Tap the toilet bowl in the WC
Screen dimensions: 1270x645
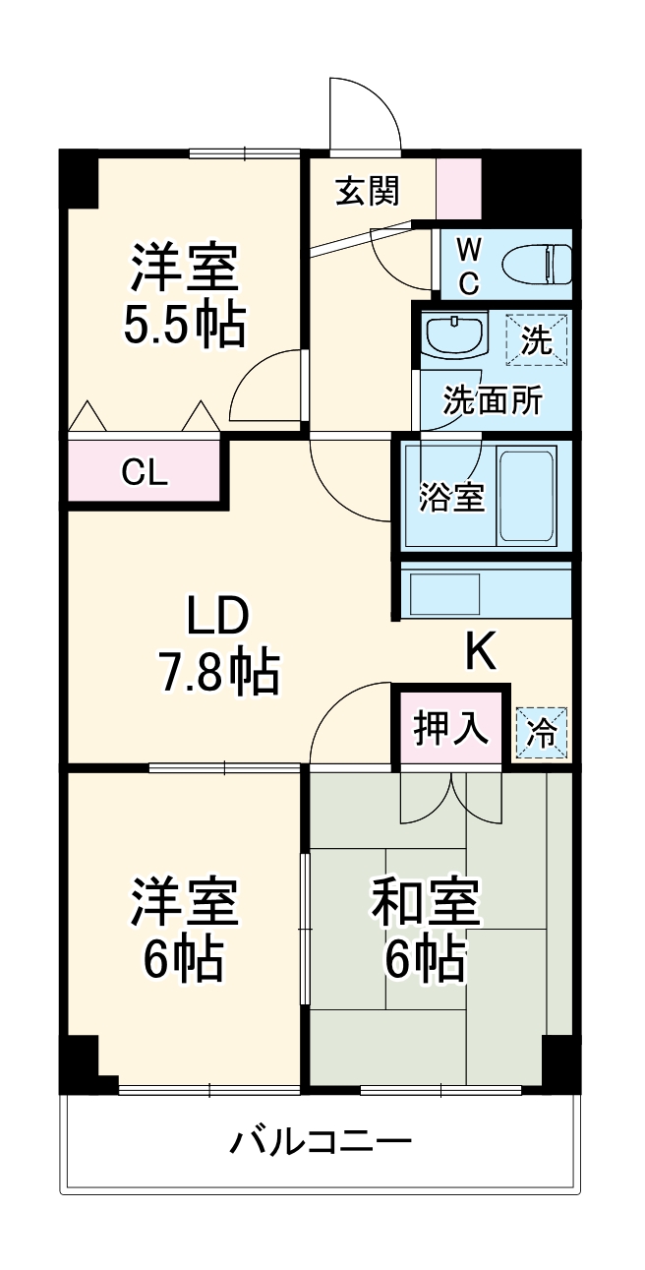[537, 265]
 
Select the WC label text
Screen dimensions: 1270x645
[469, 265]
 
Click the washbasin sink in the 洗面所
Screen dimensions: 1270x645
[455, 335]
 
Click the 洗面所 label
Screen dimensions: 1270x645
[493, 400]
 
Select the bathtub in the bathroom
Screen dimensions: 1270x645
[528, 495]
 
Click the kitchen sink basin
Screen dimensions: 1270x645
[443, 594]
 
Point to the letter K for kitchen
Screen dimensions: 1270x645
[480, 650]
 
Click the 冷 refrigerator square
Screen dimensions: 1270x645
[541, 733]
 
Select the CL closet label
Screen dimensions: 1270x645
[146, 473]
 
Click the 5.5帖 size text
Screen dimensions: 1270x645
[184, 326]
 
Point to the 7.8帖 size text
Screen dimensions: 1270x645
[218, 673]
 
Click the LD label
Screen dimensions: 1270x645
[219, 618]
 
